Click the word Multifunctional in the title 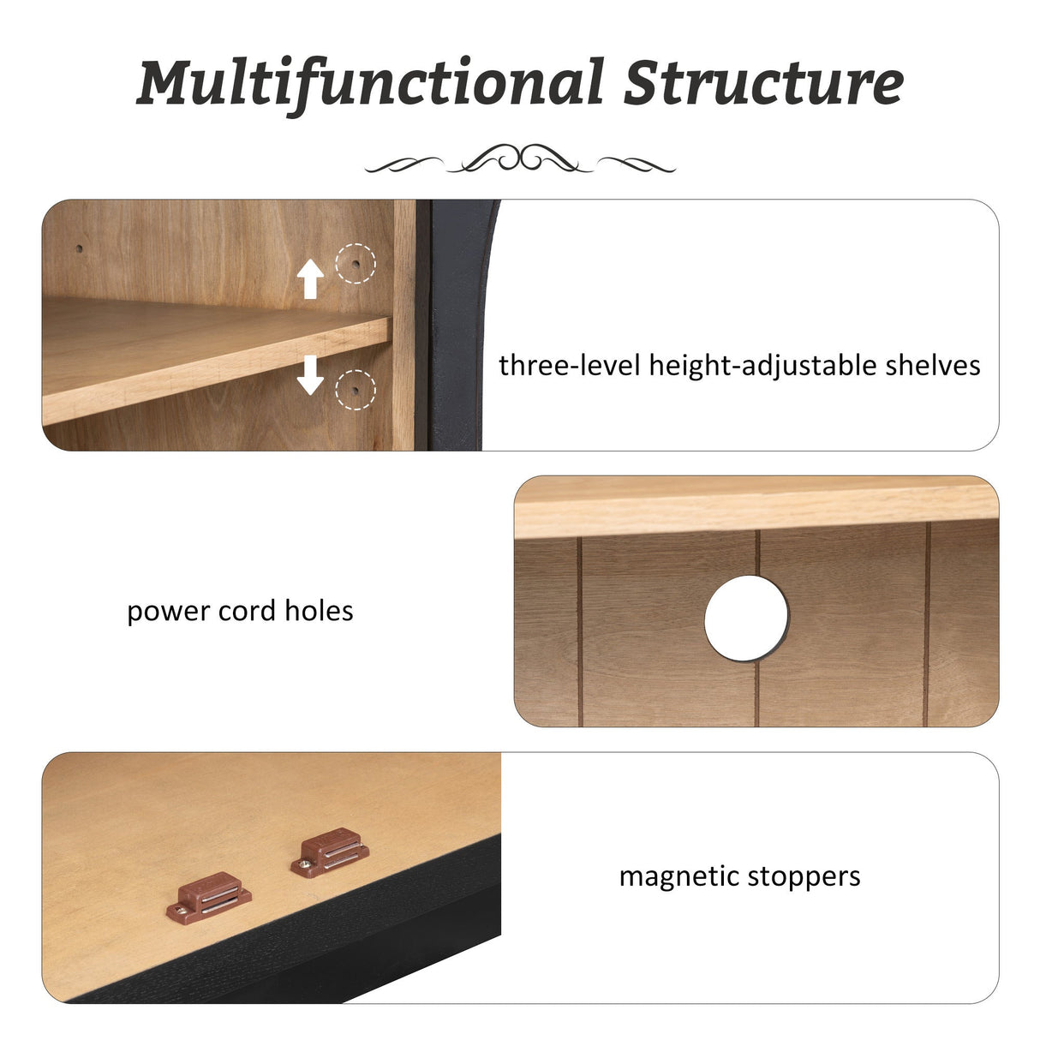point(370,84)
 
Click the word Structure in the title point(763,82)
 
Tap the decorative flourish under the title point(520,159)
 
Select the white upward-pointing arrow point(310,278)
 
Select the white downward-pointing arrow point(310,374)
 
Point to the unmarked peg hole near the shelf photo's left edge point(80,248)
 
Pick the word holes point(319,611)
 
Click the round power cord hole point(746,618)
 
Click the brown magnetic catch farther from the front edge point(330,852)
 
